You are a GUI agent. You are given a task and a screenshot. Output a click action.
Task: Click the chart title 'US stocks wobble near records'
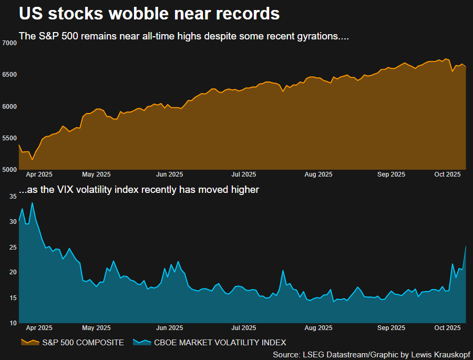(x=149, y=14)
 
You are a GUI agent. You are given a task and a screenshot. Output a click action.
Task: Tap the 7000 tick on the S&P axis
(x=10, y=43)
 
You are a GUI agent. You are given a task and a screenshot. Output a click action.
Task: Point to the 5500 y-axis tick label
(x=10, y=138)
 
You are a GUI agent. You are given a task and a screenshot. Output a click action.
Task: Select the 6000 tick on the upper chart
(x=10, y=106)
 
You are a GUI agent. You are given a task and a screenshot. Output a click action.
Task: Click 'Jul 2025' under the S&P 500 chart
(x=244, y=174)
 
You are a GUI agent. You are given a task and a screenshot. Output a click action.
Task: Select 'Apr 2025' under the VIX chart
(x=38, y=328)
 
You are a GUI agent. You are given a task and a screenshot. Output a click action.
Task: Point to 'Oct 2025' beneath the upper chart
(x=448, y=174)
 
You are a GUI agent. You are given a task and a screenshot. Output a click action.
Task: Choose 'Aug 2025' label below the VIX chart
(x=319, y=328)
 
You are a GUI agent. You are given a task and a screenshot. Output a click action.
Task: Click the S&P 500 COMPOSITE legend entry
(x=84, y=343)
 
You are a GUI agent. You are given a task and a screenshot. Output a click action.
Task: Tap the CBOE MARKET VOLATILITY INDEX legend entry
(x=220, y=343)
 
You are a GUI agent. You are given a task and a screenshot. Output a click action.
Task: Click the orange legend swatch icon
(x=29, y=343)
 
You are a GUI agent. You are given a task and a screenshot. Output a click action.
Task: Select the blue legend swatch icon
(x=142, y=343)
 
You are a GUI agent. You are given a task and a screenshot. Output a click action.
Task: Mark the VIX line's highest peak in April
(x=32, y=203)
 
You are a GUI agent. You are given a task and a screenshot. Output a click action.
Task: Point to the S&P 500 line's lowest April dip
(x=32, y=160)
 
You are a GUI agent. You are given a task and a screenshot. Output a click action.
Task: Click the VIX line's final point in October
(x=466, y=246)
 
